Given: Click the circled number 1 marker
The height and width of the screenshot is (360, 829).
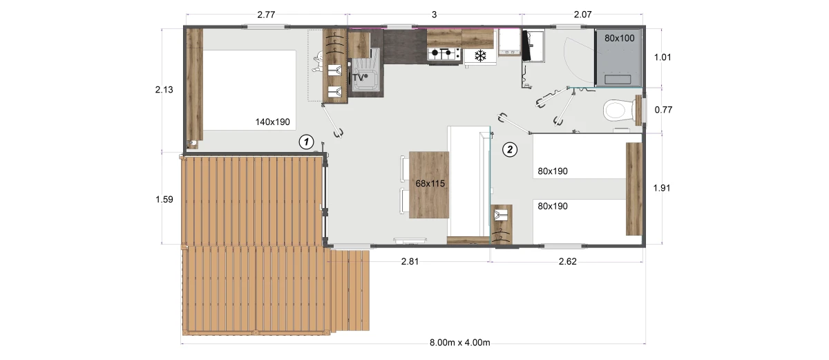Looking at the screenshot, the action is pos(306,142).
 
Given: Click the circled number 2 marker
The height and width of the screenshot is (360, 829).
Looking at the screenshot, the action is pos(510,149).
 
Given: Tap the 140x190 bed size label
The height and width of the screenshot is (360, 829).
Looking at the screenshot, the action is pos(272,122).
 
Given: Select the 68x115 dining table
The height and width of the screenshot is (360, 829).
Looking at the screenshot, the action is pos(429,184).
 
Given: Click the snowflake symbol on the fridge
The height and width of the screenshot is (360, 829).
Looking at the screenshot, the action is pos(480,56).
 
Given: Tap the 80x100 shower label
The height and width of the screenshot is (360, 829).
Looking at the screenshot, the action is pos(619,38).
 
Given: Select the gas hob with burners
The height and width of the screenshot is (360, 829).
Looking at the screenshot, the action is pos(444,54).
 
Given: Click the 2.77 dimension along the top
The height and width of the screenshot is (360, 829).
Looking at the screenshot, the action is pos(266,15).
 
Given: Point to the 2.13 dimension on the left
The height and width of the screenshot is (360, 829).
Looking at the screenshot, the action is pos(164,90).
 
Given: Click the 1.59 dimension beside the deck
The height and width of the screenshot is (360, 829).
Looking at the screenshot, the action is pos(164,200).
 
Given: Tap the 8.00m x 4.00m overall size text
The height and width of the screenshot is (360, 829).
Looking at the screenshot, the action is pos(459,343).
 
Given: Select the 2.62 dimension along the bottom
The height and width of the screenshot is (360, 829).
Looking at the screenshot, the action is pos(567,262).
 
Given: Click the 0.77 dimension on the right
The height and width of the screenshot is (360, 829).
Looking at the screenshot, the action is pos(663,109).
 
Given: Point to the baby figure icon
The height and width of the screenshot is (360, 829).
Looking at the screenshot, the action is pos(318,61).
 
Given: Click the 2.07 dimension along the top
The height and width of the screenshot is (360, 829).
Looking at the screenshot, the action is pos(582,15).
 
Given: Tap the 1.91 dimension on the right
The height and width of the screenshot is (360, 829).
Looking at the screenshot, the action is pos(662,188).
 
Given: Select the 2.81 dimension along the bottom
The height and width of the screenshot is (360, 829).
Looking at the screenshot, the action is pos(410,262).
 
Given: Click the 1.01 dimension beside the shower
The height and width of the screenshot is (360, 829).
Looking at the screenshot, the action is pos(663,57).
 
